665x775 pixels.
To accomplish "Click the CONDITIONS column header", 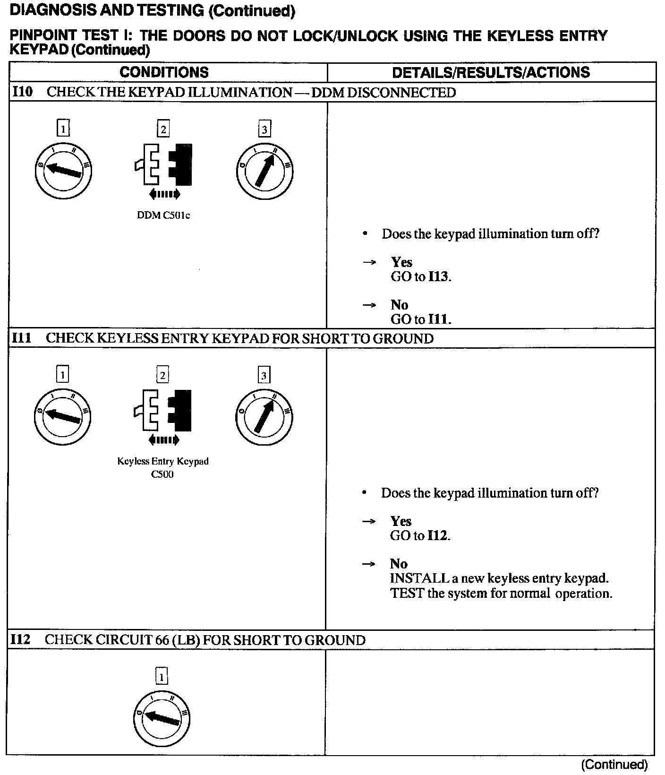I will coord(164,72).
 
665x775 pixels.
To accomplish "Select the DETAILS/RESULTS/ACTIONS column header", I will coord(491,72).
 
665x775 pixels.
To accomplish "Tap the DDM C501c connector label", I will coord(163,215).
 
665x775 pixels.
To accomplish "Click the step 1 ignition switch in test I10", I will coord(63,171).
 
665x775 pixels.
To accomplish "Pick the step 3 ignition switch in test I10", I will coord(264,171).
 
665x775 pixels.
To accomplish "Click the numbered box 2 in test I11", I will coord(162,375).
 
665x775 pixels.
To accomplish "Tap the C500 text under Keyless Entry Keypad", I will coord(162,474).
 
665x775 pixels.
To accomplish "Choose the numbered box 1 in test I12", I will coord(162,677).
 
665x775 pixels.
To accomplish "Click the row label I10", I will coord(22,92).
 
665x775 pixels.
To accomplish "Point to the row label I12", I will coord(21,640).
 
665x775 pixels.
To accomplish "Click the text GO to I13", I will coord(421,276).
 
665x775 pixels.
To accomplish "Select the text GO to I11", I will coord(421,319).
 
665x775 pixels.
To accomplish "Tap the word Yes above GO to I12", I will coord(401,521).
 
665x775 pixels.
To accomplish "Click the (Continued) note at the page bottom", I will coord(614,765).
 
